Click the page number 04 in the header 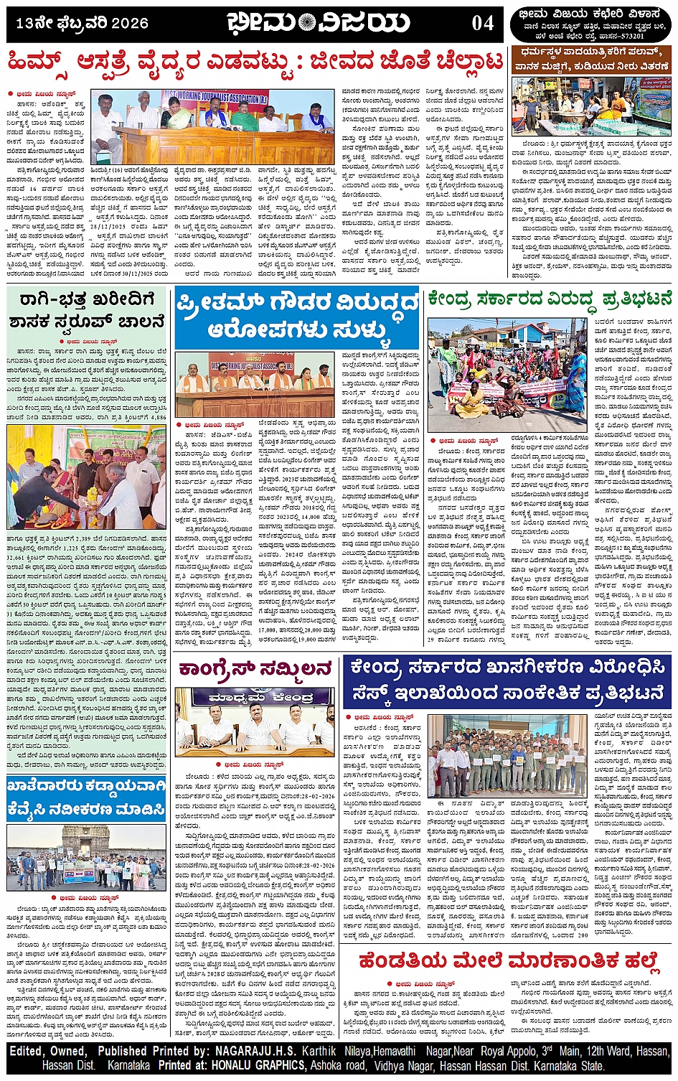pos(483,23)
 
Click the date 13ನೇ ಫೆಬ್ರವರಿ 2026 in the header pos(82,24)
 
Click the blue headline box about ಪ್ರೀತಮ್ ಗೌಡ pos(296,318)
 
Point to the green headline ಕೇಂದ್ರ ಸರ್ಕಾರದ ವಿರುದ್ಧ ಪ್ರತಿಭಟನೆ pos(550,299)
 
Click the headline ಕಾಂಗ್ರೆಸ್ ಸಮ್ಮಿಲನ pos(255,669)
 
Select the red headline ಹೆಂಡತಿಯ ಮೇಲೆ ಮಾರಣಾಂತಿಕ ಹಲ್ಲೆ pos(508,960)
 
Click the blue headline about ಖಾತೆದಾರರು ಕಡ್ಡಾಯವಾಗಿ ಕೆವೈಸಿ pos(87,798)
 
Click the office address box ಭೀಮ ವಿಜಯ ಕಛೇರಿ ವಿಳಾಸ pos(590,24)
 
